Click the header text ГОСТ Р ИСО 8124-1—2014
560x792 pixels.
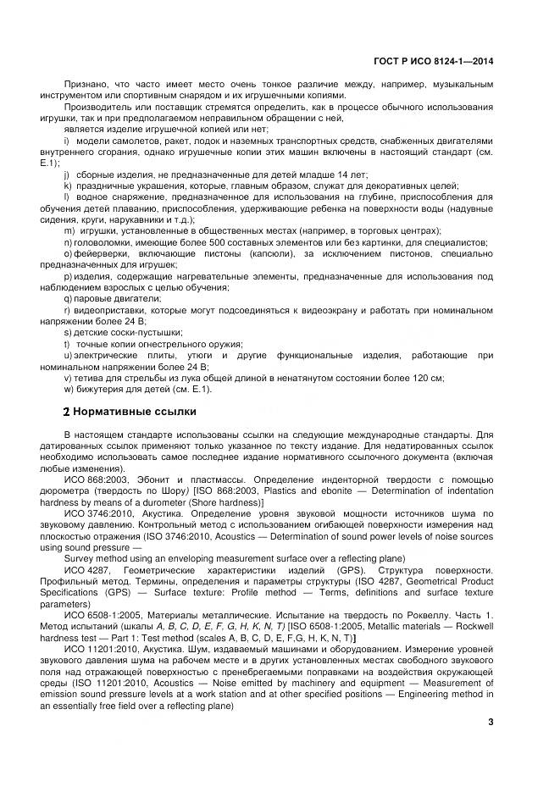click(x=434, y=61)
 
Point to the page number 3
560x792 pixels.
click(x=491, y=722)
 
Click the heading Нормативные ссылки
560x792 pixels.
click(x=136, y=412)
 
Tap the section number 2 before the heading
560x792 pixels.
click(x=67, y=412)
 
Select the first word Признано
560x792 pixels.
click(x=85, y=85)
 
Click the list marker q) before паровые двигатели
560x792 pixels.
click(x=68, y=298)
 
